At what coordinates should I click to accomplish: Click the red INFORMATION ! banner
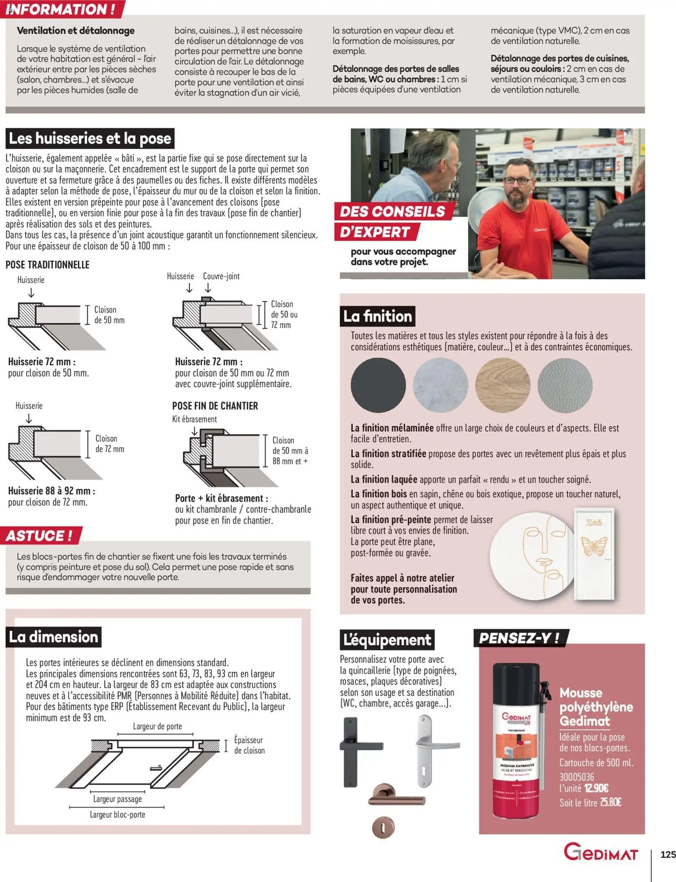pos(61,9)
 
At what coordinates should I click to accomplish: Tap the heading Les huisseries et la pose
pos(90,139)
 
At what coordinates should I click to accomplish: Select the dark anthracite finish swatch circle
pos(378,385)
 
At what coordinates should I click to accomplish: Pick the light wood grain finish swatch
pos(502,385)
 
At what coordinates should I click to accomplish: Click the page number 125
pos(668,854)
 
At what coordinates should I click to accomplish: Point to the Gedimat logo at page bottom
pos(601,852)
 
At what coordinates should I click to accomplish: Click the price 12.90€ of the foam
pos(596,788)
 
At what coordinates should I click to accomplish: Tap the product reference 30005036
pos(577,777)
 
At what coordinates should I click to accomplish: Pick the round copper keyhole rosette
pos(383,827)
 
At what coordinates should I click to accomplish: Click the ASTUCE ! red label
pos(40,535)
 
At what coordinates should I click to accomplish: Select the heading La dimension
pos(54,637)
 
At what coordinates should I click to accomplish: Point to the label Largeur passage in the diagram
pos(117,799)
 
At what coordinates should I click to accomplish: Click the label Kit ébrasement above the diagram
pos(195,419)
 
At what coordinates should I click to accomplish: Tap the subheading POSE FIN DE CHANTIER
pos(215,406)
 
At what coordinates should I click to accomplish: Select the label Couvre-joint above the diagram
pos(221,276)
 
